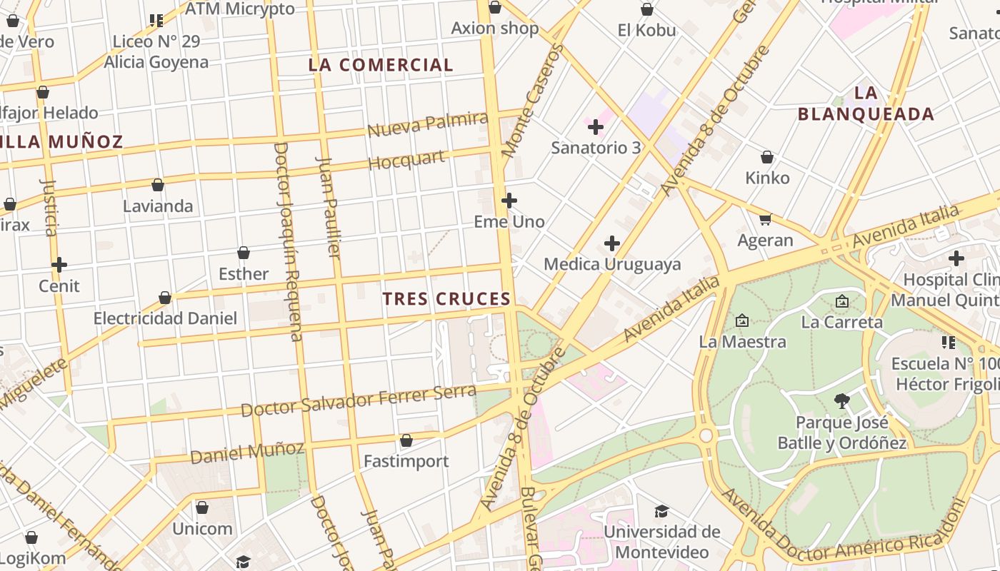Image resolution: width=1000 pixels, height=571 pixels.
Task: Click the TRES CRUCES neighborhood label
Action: click(x=446, y=299)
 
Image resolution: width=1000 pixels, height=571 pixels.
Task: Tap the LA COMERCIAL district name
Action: click(x=381, y=65)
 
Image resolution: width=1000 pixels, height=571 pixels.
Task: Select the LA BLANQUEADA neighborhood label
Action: click(x=866, y=103)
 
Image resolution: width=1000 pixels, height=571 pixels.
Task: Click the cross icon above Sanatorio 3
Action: click(x=595, y=128)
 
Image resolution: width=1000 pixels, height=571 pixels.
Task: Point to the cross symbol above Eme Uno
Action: click(x=509, y=201)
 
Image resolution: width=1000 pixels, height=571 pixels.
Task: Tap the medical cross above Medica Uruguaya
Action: click(x=611, y=244)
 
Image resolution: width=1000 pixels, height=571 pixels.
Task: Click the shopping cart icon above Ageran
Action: click(x=765, y=219)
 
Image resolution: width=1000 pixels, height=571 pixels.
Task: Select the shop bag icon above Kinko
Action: click(x=767, y=157)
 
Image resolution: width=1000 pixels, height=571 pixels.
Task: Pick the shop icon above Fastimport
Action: click(x=406, y=440)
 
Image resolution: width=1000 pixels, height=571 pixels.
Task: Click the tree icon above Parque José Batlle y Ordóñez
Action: click(x=841, y=401)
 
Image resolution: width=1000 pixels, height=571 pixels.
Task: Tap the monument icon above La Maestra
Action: click(x=741, y=321)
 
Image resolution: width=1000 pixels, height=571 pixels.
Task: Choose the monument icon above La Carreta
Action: click(x=841, y=302)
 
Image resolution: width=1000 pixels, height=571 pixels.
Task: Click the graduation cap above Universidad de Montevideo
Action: click(x=661, y=511)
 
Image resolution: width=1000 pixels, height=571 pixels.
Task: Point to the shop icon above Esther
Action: click(x=244, y=253)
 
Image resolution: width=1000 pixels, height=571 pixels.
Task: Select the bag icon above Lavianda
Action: click(x=158, y=185)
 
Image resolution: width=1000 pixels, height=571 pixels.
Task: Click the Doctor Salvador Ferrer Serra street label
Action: click(x=358, y=400)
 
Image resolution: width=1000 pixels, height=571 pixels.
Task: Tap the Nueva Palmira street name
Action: click(x=427, y=124)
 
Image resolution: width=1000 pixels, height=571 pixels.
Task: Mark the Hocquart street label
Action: click(x=406, y=160)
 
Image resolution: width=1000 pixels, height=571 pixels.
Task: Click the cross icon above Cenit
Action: click(x=59, y=266)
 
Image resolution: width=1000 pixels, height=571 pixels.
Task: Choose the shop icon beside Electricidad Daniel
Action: click(x=165, y=298)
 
